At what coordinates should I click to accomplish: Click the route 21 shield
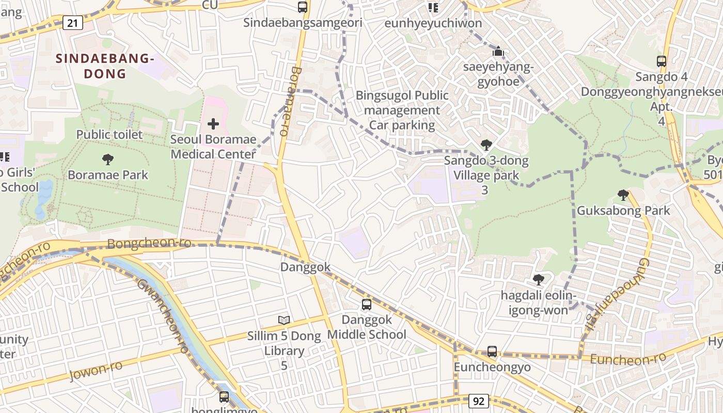pos(73,22)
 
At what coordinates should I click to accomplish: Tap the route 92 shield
pos(479,401)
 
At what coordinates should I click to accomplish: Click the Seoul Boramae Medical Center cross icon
pos(213,124)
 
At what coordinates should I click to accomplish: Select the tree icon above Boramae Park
pos(107,160)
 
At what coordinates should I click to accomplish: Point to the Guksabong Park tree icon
pos(623,195)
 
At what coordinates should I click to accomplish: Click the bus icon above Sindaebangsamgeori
pos(303,7)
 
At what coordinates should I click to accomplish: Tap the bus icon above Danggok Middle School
pos(367,305)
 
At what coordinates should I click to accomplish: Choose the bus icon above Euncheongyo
pos(492,352)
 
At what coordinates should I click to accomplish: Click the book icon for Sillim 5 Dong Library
pos(284,320)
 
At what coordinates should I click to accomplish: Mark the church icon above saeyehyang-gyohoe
pos(498,51)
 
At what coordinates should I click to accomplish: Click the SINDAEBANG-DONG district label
pos(105,66)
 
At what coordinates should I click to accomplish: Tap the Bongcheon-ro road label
pos(149,243)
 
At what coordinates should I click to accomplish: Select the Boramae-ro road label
pos(287,101)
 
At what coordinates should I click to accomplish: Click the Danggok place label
pos(305,267)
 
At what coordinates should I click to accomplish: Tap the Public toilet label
pos(109,135)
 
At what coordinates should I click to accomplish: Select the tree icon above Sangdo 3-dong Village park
pos(486,145)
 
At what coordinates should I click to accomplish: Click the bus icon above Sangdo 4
pos(662,61)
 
